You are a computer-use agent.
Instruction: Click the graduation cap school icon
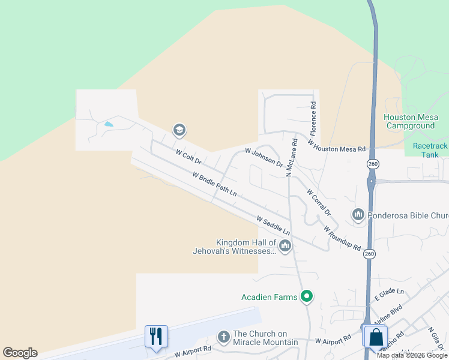click(179, 130)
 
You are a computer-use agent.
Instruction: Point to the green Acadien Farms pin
click(307, 296)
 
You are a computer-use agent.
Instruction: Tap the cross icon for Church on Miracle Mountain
click(223, 337)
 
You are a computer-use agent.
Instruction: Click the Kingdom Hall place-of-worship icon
click(285, 245)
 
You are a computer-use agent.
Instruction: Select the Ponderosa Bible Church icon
click(358, 214)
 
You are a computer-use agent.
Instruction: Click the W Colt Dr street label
click(188, 157)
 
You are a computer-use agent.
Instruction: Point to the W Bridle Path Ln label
click(214, 184)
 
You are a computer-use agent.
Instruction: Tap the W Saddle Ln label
click(273, 226)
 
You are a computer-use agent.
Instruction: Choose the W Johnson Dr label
click(264, 158)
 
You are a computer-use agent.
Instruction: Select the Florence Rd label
click(313, 118)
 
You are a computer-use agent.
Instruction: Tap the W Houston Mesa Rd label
click(336, 145)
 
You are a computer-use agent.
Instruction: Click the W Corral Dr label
click(319, 202)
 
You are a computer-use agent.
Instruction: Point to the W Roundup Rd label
click(342, 238)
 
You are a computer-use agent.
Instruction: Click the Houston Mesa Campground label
click(410, 121)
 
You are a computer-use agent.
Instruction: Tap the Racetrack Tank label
click(430, 150)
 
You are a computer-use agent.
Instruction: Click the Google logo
click(20, 353)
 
